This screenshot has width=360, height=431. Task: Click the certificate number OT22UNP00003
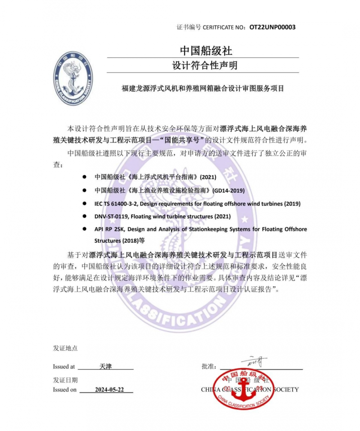272,27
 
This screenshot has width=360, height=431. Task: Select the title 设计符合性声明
203,65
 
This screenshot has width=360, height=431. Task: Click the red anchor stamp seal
244,389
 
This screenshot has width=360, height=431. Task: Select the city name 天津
105,366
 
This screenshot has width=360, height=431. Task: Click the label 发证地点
65,348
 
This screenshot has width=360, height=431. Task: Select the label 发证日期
65,380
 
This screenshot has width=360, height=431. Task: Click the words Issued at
64,367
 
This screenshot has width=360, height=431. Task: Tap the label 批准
209,367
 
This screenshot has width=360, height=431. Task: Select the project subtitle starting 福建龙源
203,88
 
